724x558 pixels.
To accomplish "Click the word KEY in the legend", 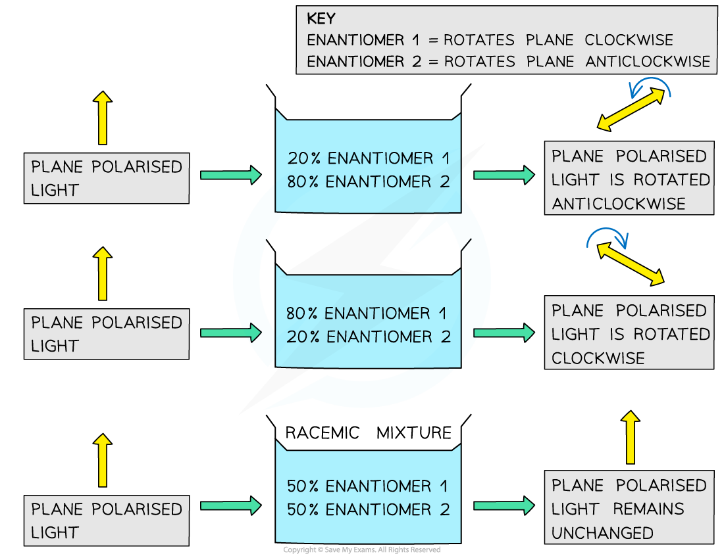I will [321, 18].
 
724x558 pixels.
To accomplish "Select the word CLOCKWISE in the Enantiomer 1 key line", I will [629, 40].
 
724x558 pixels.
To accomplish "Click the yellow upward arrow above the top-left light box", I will [102, 118].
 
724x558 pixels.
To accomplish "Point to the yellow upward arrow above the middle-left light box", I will [102, 274].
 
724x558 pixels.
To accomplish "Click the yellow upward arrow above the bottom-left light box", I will [102, 460].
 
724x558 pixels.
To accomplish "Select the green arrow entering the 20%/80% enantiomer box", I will [230, 175].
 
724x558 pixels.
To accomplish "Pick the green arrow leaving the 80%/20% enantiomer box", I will [504, 333].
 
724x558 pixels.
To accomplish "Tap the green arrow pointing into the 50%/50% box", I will [230, 505].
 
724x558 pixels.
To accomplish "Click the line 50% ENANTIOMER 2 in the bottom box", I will [368, 510].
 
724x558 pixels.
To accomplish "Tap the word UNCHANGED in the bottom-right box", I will [602, 533].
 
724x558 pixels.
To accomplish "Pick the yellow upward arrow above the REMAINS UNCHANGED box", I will [631, 438].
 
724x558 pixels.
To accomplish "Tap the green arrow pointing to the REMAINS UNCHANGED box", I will [504, 505].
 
